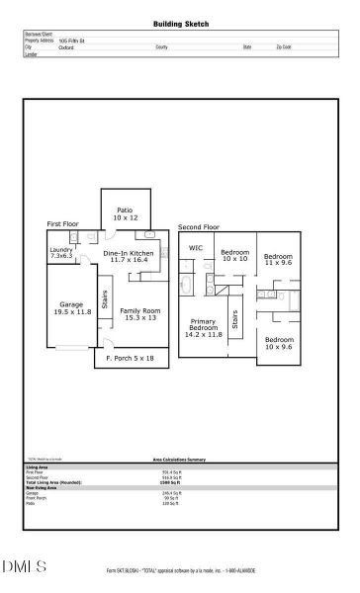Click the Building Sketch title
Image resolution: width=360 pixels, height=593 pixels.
(180, 23)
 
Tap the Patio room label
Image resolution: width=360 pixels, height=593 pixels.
(124, 213)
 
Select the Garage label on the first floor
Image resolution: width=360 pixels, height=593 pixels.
(71, 307)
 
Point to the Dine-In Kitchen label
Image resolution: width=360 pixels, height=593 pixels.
(129, 257)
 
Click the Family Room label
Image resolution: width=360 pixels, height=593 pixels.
(139, 314)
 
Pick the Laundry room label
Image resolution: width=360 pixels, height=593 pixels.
(61, 252)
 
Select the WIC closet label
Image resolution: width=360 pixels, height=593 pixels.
(196, 248)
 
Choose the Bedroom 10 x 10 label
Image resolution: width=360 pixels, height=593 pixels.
(234, 255)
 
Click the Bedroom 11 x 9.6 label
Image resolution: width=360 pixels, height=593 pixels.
(278, 259)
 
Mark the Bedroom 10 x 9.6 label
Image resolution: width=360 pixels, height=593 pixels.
(278, 343)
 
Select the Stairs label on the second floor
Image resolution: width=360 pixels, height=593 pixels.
(235, 319)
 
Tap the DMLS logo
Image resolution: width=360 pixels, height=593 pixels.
(24, 566)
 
